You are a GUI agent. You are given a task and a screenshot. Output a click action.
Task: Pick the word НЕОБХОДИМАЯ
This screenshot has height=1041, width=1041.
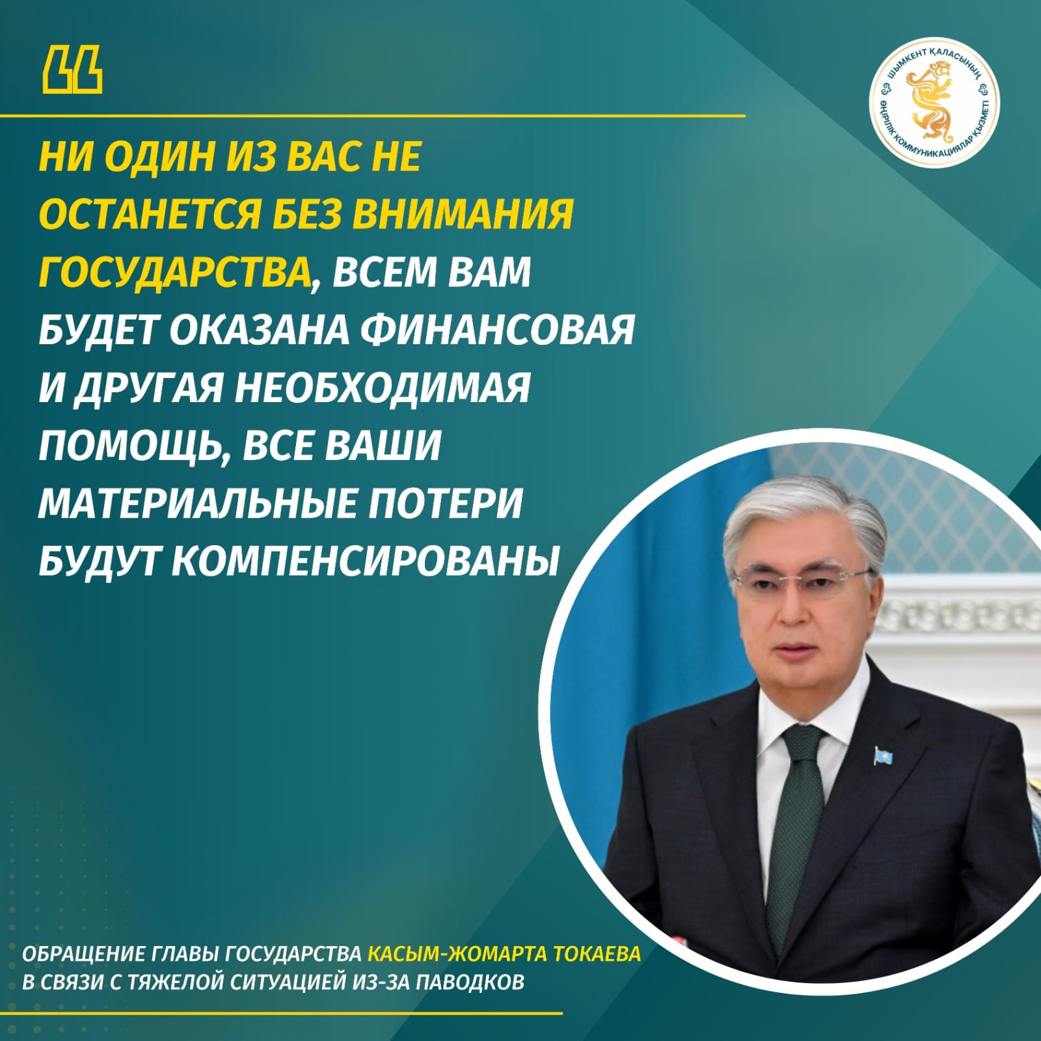pyautogui.click(x=382, y=387)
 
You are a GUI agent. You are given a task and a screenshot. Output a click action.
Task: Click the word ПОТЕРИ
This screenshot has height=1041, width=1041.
pyautogui.click(x=442, y=502)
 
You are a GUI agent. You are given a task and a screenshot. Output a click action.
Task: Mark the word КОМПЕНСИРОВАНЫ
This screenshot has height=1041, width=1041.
pyautogui.click(x=365, y=560)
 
